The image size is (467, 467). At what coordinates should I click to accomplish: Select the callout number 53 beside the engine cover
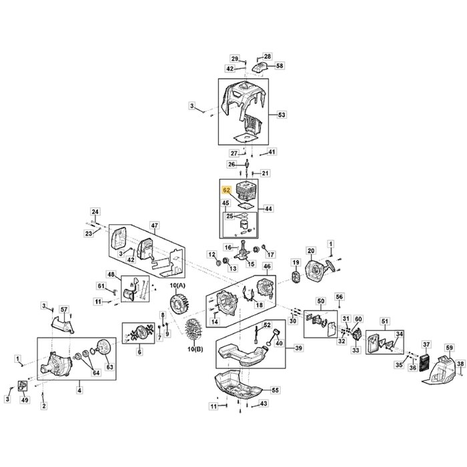point(281,115)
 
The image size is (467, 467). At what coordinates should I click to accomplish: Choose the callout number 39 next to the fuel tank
point(298,348)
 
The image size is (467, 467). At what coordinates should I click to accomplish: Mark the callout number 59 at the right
point(449,348)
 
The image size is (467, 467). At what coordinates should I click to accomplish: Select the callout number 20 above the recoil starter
point(310,251)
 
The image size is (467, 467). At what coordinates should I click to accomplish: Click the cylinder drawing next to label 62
point(248,191)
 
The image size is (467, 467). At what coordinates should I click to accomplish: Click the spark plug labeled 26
point(248,163)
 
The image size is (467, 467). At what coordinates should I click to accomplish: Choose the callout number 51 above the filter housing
point(384,322)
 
